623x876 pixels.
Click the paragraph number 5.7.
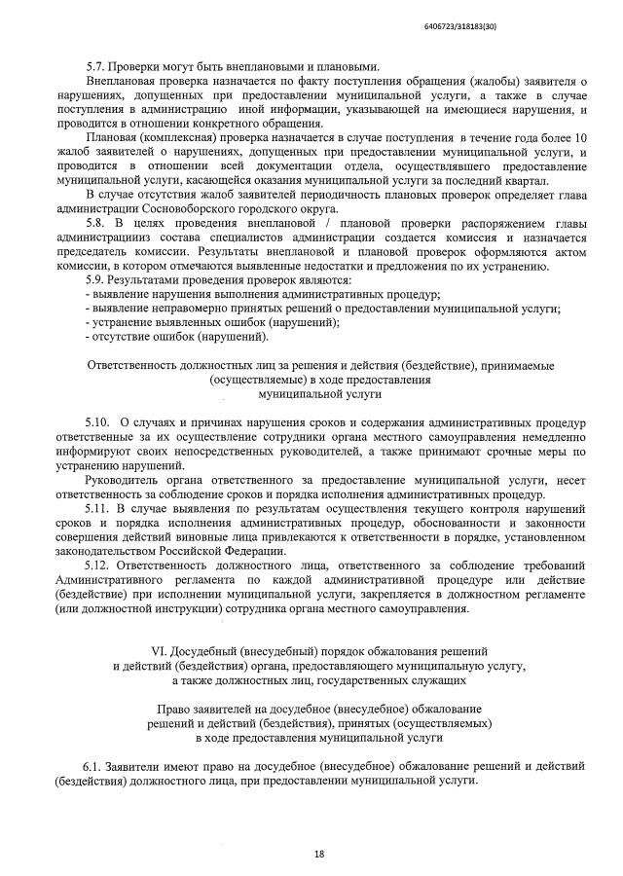pos(96,66)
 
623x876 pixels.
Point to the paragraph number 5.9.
pos(96,280)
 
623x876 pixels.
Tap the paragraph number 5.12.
pos(98,565)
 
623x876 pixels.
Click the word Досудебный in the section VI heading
pos(208,649)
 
